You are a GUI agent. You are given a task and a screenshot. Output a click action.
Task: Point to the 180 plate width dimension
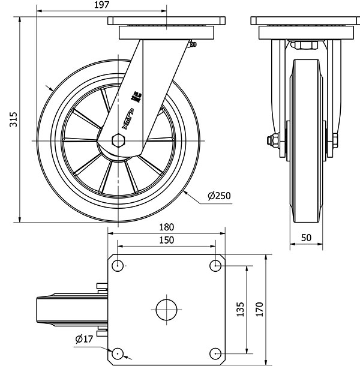(167, 227)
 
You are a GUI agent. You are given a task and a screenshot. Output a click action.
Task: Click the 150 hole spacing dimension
(167, 240)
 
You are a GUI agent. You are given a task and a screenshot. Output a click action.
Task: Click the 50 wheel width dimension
(306, 238)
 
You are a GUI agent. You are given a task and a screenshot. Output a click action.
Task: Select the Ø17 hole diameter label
(85, 340)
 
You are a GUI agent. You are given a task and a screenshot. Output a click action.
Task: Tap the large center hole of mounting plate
(167, 310)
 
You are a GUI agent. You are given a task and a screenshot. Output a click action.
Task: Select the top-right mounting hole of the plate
(215, 266)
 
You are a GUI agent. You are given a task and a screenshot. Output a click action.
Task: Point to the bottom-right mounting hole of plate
(215, 353)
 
